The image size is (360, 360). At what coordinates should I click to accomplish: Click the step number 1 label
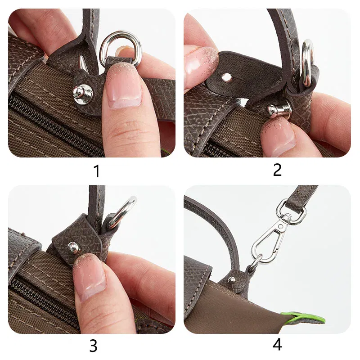(x=96, y=171)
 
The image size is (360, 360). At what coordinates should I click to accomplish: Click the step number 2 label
(x=277, y=170)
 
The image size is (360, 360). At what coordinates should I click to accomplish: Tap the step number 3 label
(x=93, y=346)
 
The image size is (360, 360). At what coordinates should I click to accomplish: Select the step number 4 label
(x=277, y=345)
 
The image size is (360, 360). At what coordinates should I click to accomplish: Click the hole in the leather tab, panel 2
(x=227, y=78)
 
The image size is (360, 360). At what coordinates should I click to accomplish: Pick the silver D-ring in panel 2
(x=307, y=63)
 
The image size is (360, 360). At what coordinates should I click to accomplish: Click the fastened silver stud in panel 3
(x=72, y=246)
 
